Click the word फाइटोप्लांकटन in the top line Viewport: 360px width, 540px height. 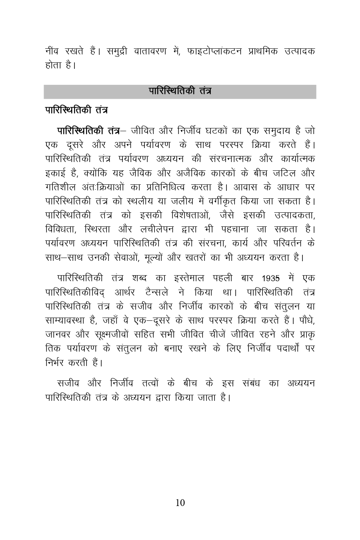tap(214, 52)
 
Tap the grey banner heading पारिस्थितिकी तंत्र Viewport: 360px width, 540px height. tap(180, 91)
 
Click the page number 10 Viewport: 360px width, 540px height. tap(180, 503)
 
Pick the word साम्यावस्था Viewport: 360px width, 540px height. tap(66, 320)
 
